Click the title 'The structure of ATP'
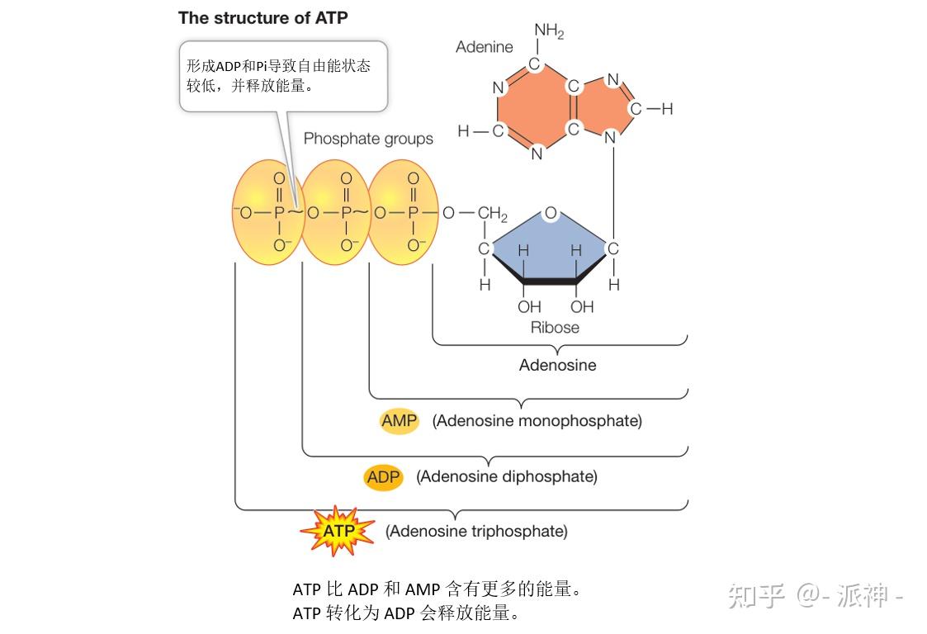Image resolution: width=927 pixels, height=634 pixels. (x=262, y=17)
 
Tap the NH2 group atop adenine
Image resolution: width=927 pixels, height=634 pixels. (x=549, y=32)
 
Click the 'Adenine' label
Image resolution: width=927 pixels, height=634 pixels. (x=485, y=47)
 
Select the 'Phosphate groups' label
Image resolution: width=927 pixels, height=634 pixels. (x=368, y=139)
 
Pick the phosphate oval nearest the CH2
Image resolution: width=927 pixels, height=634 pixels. (x=401, y=213)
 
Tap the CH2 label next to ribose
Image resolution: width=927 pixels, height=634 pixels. (x=493, y=215)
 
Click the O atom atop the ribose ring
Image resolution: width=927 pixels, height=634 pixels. (x=551, y=213)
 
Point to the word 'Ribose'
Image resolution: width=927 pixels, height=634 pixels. (x=555, y=328)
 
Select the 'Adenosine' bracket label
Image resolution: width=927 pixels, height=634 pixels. (x=557, y=365)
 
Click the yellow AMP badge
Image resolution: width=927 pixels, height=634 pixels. (x=400, y=421)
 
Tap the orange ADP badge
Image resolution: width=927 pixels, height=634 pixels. (x=383, y=477)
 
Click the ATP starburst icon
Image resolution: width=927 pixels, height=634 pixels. (x=338, y=531)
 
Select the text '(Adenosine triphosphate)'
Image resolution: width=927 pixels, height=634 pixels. (x=476, y=532)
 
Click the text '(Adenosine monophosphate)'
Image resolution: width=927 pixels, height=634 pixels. (x=537, y=421)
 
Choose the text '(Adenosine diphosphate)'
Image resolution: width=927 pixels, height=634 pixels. (x=506, y=477)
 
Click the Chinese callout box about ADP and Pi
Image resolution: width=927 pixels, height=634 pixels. (x=283, y=75)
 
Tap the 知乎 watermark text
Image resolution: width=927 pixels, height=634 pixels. (x=755, y=594)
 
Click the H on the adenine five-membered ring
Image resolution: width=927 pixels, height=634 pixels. (x=667, y=109)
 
